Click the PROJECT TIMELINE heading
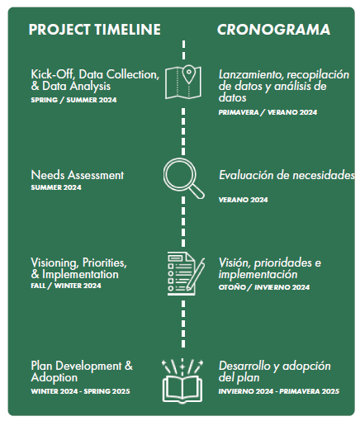coord(94,30)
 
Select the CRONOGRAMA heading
coord(273,30)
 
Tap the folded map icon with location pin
coord(183,81)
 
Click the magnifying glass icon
coord(183,177)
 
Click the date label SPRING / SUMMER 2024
coord(73,101)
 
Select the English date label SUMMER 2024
coord(56,187)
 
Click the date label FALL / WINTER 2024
coord(65,286)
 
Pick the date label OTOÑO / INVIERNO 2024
coord(264,287)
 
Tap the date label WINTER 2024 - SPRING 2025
coord(81,391)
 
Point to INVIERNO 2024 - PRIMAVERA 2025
coord(279,391)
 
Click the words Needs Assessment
coord(78,175)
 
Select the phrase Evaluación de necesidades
coord(287,176)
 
